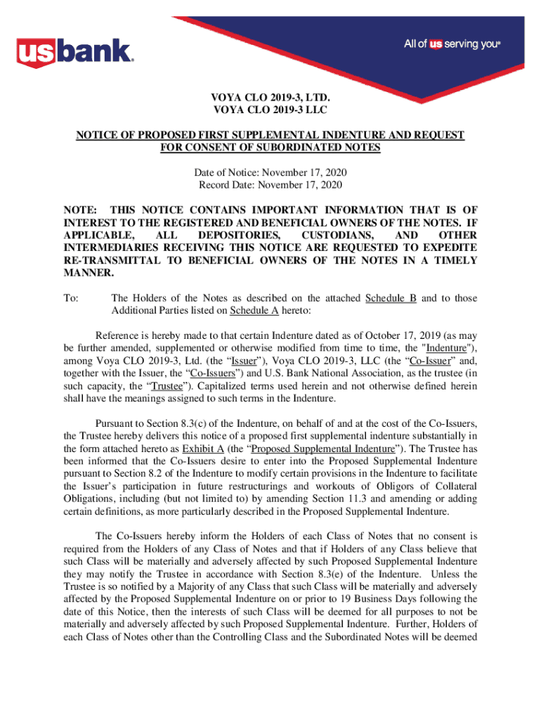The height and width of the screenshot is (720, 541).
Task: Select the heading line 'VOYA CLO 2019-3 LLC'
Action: [x=270, y=110]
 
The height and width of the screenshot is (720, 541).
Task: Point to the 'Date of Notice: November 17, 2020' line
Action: [x=270, y=172]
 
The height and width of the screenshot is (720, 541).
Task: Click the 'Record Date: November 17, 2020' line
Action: [x=270, y=185]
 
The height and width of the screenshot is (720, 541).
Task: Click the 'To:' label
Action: [x=71, y=298]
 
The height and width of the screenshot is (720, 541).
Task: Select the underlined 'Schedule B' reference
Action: [x=391, y=298]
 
